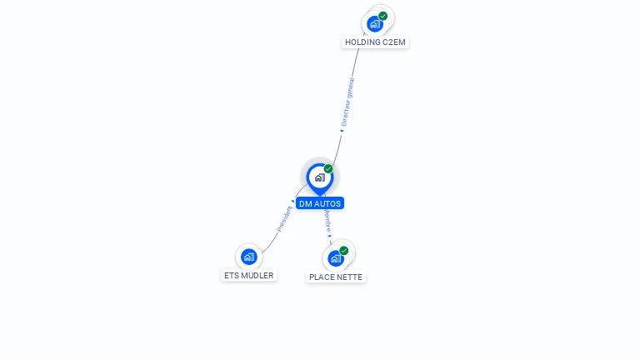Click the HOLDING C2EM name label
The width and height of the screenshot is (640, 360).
point(376,42)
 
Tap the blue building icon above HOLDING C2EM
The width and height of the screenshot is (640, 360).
point(375,23)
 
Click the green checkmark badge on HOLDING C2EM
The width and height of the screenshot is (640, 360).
point(383,16)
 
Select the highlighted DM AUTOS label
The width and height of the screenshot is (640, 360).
point(320,203)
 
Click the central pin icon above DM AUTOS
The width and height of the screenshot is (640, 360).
point(319,177)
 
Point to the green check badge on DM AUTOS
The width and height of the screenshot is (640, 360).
point(328,169)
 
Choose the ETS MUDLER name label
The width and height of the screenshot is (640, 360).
point(248,275)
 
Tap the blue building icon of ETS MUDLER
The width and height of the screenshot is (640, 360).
point(248,257)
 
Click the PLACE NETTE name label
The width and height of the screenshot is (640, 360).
point(336,277)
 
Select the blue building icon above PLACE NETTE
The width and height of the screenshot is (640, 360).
point(335,258)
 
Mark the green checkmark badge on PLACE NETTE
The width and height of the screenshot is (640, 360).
point(343,250)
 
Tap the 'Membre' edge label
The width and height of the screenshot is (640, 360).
point(327,221)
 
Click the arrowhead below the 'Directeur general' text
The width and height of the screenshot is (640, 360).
point(342,130)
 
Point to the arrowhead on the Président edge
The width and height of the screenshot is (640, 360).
point(292,201)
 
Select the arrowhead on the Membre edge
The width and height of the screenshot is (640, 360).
point(330,237)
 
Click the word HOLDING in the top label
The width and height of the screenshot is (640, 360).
point(362,42)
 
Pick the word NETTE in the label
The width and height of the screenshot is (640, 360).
point(350,277)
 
